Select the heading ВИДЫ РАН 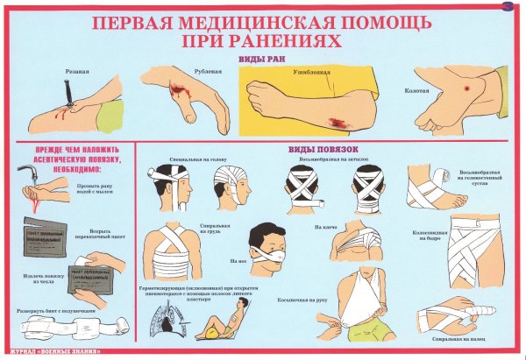[264, 59]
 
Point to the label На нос [235, 260]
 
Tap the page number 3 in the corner [508, 8]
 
